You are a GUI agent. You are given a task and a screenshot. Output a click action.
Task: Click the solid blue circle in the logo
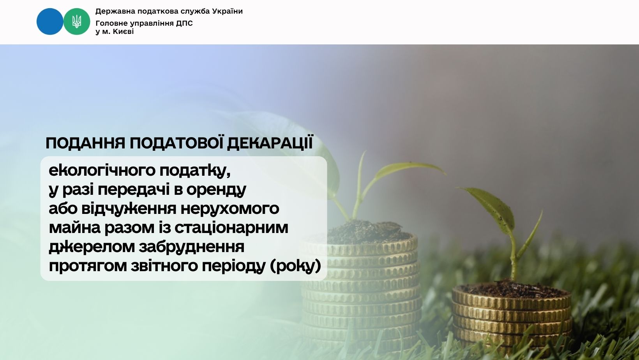click(x=50, y=21)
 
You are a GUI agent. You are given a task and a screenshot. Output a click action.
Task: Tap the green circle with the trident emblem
click(x=76, y=21)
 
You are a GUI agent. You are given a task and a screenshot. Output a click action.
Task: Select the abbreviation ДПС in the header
click(x=184, y=23)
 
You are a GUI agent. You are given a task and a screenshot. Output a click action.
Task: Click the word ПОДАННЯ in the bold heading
click(x=85, y=143)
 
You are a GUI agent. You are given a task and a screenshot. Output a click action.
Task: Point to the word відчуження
click(x=129, y=208)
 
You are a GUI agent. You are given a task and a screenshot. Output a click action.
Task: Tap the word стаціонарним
click(x=231, y=228)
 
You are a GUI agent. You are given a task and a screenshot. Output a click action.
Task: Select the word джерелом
click(x=92, y=247)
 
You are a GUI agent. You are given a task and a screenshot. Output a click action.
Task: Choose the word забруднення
click(x=191, y=247)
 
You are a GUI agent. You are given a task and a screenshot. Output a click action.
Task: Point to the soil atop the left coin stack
click(x=368, y=232)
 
